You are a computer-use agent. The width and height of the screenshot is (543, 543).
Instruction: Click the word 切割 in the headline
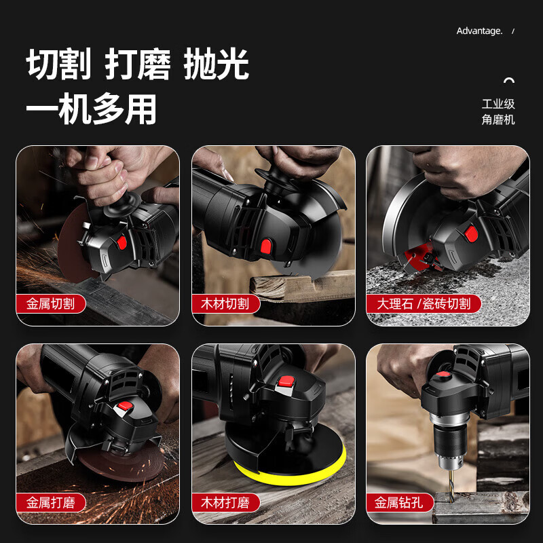[x=58, y=65]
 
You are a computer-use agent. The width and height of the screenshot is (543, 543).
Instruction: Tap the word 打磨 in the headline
[x=138, y=65]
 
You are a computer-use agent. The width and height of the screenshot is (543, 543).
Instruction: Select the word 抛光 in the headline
[x=217, y=65]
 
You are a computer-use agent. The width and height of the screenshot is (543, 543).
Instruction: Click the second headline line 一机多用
[x=91, y=109]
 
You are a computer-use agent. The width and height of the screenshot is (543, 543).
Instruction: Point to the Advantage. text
[x=479, y=31]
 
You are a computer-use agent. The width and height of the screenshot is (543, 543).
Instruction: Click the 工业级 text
[x=498, y=104]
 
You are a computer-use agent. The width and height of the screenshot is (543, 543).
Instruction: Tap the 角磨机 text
[x=498, y=119]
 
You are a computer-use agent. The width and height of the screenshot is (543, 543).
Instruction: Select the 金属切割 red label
[x=51, y=303]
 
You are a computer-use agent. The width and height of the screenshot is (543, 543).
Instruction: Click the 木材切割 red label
[x=225, y=303]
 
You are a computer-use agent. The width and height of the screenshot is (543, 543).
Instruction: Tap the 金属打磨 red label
[x=51, y=503]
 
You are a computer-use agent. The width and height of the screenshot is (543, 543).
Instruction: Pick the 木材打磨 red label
[x=225, y=503]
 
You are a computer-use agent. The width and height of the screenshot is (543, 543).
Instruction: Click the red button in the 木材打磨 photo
[x=285, y=383]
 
